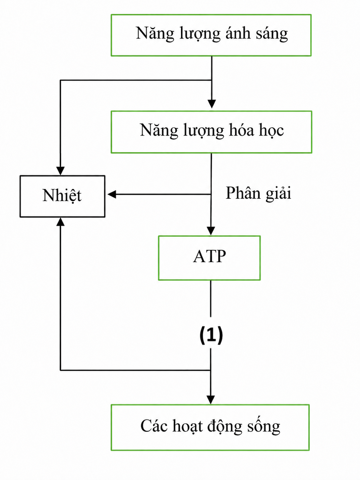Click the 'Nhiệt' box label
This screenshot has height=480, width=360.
pos(62,195)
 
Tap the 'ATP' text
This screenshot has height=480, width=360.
pos(210,256)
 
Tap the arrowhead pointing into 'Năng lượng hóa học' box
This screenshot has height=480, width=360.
pos(211,104)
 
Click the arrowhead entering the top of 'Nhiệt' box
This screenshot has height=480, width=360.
pos(60,171)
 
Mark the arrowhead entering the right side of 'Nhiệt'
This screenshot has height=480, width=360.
pos(112,194)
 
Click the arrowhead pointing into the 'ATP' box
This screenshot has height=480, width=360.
pos(211,231)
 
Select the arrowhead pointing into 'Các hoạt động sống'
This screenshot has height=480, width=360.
pos(210,400)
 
